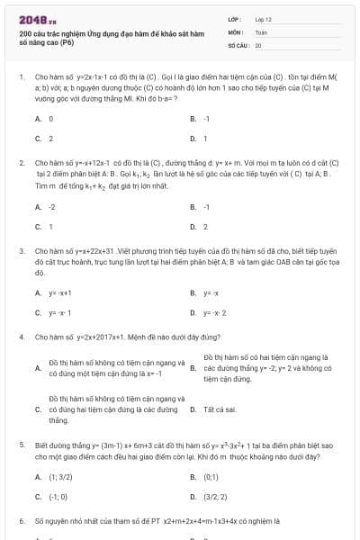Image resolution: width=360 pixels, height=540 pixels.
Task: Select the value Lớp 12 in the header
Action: [263, 18]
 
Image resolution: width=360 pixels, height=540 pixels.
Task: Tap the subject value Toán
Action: [261, 31]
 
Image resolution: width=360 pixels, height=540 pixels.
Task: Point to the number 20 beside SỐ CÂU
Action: [258, 44]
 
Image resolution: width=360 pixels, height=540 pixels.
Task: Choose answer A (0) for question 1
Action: [50, 119]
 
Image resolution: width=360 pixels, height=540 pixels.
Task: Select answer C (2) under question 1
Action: [50, 139]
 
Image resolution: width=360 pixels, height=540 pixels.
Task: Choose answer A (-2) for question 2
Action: [51, 207]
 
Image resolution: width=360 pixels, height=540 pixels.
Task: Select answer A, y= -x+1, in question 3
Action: [59, 293]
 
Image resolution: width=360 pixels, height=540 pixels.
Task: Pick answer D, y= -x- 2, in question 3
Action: [214, 313]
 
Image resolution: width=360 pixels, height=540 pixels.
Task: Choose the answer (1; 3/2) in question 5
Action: [60, 476]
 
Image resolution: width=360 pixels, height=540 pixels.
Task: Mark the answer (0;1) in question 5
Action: [211, 476]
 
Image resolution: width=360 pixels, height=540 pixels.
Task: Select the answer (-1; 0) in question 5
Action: [58, 496]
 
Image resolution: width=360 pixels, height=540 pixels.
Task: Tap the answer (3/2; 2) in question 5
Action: [215, 496]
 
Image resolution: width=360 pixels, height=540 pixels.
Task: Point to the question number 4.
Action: [21, 336]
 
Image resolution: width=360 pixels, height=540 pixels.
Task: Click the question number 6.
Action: [21, 521]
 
